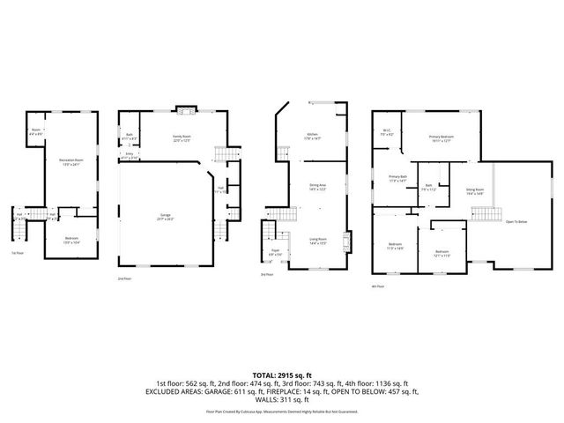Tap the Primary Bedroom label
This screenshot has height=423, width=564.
pyautogui.click(x=441, y=138)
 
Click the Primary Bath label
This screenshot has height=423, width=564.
pyautogui.click(x=398, y=178)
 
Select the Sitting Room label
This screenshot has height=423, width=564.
pyautogui.click(x=475, y=190)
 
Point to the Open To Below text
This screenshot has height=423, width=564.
pyautogui.click(x=516, y=221)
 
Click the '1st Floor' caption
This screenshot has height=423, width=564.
pyautogui.click(x=17, y=253)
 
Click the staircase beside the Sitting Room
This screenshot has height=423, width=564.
pyautogui.click(x=481, y=215)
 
